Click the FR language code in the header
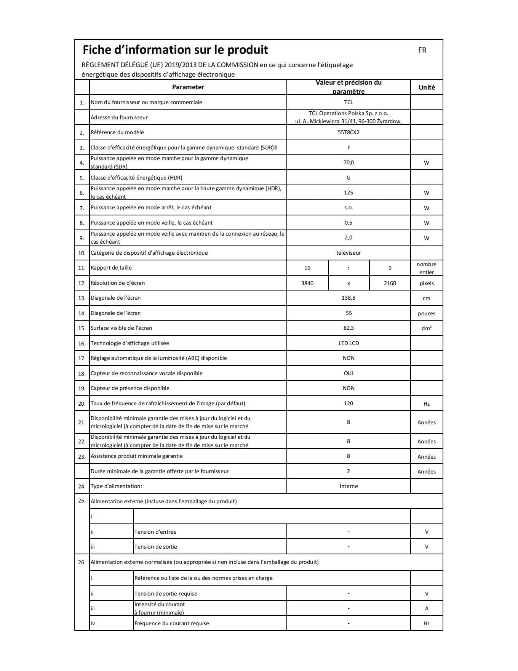(x=422, y=50)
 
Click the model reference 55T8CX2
(x=349, y=132)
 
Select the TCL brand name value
(x=349, y=102)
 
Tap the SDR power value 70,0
(x=349, y=162)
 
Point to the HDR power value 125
(x=349, y=193)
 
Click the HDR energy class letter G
(x=349, y=178)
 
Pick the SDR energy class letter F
(x=349, y=148)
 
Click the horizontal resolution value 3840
(x=307, y=283)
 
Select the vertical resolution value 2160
(x=390, y=283)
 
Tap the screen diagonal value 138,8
(x=349, y=298)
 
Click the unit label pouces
(x=427, y=313)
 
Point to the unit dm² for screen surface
(x=427, y=328)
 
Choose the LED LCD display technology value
(x=349, y=343)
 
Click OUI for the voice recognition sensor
(x=349, y=373)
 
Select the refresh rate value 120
(x=349, y=403)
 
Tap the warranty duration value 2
(x=349, y=471)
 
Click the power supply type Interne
(x=349, y=486)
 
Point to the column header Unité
(x=427, y=87)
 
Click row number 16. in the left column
(x=82, y=344)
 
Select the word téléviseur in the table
(x=349, y=253)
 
